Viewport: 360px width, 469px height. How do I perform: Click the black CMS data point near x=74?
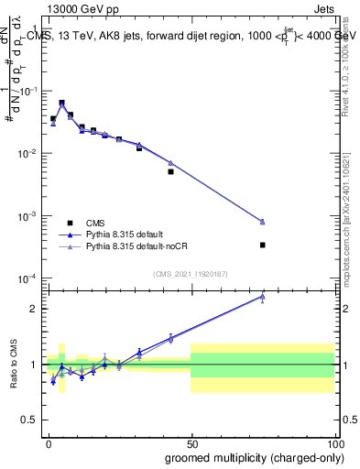point(262,245)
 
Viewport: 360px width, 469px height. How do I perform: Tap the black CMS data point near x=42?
point(170,171)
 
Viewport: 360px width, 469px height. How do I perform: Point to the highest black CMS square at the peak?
point(61,103)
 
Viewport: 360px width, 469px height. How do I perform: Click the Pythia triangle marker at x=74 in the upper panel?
point(262,222)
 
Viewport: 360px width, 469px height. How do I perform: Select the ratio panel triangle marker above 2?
point(262,297)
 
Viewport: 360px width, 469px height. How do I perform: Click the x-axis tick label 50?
point(191,443)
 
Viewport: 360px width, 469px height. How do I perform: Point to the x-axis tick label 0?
point(49,443)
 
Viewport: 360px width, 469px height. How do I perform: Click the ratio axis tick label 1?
point(34,365)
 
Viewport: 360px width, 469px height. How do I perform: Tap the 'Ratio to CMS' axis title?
point(14,365)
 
